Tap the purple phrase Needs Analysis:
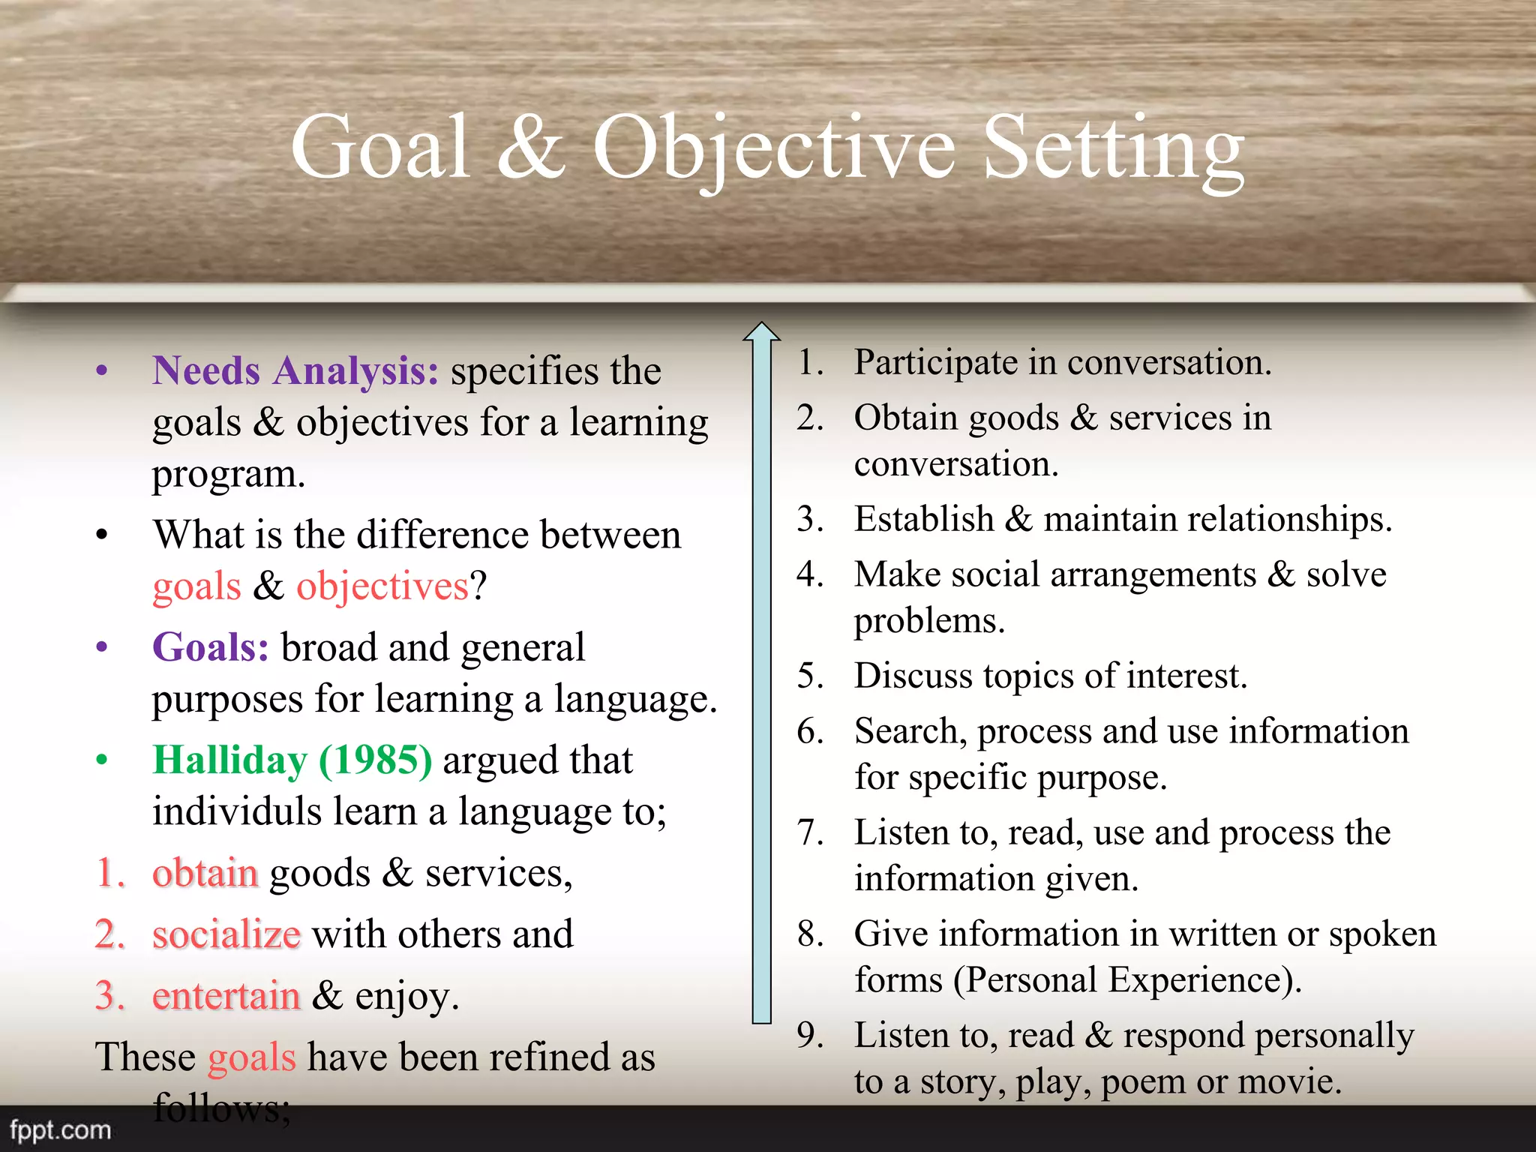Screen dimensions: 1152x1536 (x=295, y=370)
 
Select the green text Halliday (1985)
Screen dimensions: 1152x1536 (x=292, y=760)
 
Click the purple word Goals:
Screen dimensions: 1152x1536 (x=211, y=647)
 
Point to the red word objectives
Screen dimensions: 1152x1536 (x=382, y=586)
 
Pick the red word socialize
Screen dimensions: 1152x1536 (x=226, y=934)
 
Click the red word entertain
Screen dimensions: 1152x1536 (x=226, y=996)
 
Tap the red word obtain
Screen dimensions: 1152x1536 (x=205, y=873)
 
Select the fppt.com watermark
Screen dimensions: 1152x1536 (x=60, y=1129)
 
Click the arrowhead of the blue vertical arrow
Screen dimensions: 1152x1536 (x=762, y=332)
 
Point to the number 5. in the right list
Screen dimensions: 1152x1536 (x=810, y=676)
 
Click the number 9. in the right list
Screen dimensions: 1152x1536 (x=810, y=1035)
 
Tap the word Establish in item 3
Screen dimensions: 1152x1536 (x=924, y=519)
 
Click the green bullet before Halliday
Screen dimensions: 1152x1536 (x=102, y=760)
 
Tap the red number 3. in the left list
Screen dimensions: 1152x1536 (x=109, y=996)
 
